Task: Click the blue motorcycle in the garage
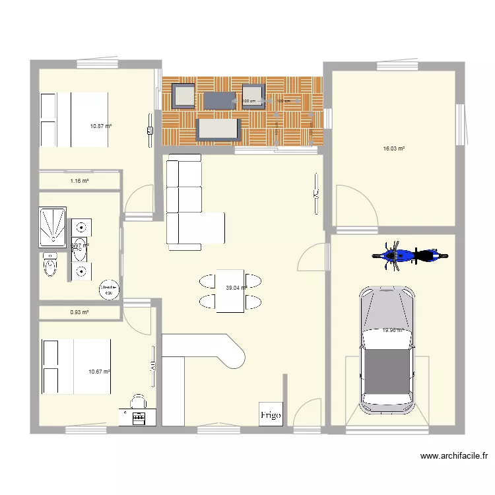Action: [x=409, y=255]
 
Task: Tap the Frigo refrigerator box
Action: [x=271, y=413]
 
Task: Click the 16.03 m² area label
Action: [x=393, y=149]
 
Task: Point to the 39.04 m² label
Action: [x=236, y=288]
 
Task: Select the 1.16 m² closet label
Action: [x=79, y=180]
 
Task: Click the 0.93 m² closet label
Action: [x=79, y=312]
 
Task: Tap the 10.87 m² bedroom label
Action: [x=101, y=125]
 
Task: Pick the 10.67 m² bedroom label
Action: [x=99, y=372]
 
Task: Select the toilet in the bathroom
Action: [x=49, y=266]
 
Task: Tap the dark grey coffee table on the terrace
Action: [x=219, y=99]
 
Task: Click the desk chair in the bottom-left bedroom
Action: [x=138, y=401]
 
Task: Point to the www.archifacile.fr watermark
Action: [x=453, y=456]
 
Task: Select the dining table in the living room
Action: [x=230, y=290]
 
